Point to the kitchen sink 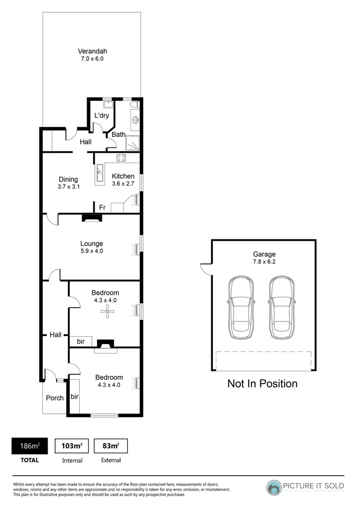click(x=100, y=173)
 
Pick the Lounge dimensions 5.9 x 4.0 click(x=91, y=251)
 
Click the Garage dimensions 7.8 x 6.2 click(x=263, y=262)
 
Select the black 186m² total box click(x=29, y=445)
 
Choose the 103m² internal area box click(x=72, y=445)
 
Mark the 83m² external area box click(x=111, y=445)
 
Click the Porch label click(x=55, y=398)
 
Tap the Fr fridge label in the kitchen click(x=102, y=207)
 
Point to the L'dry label click(x=102, y=115)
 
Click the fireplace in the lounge click(x=91, y=218)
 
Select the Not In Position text click(x=262, y=384)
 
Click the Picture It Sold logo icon click(x=273, y=487)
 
